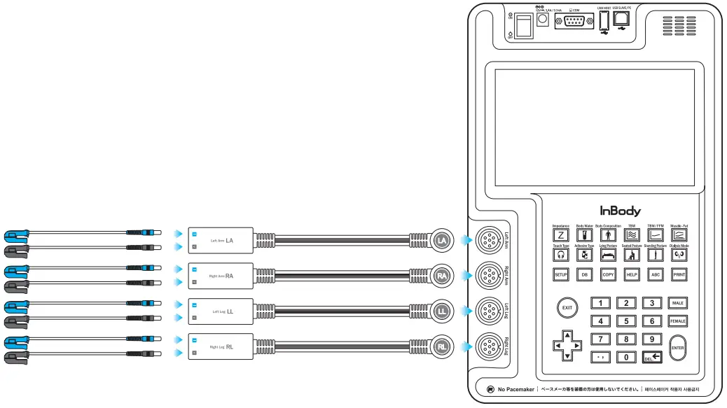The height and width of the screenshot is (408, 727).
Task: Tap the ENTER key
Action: [x=677, y=347]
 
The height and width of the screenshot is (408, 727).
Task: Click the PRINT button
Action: [x=678, y=275]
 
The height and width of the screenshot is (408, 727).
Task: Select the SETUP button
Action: [x=560, y=275]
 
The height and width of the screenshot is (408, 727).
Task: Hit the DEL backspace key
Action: [x=651, y=357]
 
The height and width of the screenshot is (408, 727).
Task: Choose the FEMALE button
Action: [x=677, y=321]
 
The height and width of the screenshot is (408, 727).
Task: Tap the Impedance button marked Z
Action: [x=560, y=236]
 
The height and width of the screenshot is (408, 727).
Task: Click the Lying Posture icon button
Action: [x=607, y=255]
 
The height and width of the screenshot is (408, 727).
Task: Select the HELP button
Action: [x=631, y=275]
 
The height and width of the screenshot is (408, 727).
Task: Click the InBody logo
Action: [x=620, y=210]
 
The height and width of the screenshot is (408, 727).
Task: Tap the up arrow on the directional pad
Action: [x=567, y=335]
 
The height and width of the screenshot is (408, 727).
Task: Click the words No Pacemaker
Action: [x=515, y=389]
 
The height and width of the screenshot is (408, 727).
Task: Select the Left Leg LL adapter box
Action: [x=221, y=311]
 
